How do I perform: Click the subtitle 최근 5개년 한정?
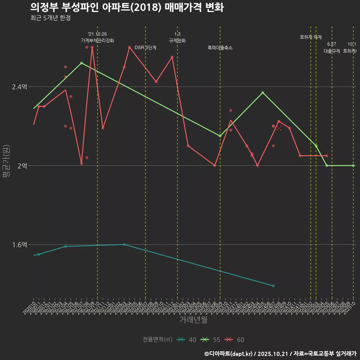coord(50,18)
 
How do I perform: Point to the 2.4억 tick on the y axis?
coord(19,87)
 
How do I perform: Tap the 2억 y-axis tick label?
coord(22,166)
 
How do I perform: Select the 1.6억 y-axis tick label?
coord(19,244)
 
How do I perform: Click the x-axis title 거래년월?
coord(193,320)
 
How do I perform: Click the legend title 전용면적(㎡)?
coord(157,340)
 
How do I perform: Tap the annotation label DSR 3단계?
coord(145,48)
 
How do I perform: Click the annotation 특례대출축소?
coord(220,48)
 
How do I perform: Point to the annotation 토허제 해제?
coord(311,37)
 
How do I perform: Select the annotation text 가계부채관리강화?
coord(97,40)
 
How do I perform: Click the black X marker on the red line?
coord(279,128)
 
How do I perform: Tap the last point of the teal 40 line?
coord(273,286)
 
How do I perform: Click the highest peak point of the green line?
coord(81,63)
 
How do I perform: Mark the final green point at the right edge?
coord(353,165)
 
